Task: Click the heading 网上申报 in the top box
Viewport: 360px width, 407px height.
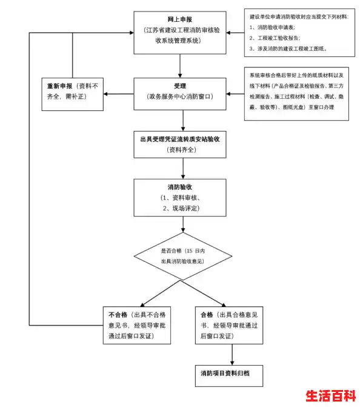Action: [x=181, y=19]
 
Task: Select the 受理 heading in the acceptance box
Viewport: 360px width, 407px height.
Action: [x=181, y=86]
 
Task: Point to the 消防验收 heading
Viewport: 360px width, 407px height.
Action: [x=181, y=187]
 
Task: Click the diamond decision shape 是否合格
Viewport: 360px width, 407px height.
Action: [x=182, y=255]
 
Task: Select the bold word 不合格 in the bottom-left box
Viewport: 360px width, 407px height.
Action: [x=117, y=315]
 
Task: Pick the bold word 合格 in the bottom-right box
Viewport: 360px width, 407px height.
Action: [x=207, y=315]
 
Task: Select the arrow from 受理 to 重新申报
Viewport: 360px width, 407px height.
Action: [x=119, y=94]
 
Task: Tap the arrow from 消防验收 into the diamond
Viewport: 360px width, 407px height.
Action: [x=182, y=224]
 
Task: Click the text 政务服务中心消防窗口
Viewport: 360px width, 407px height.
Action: [x=181, y=96]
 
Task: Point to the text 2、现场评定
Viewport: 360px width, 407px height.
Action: [x=181, y=208]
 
